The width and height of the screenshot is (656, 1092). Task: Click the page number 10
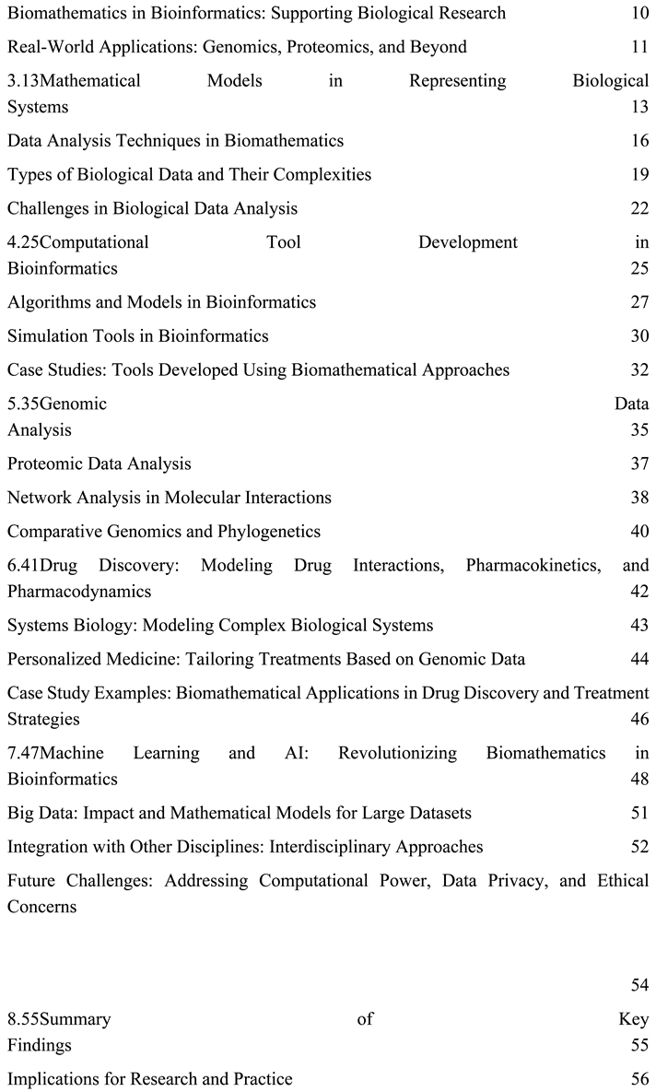[639, 14]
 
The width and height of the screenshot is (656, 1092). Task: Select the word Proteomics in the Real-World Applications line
[326, 47]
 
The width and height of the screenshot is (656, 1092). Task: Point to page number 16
[639, 141]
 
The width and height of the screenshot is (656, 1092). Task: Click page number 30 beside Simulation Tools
[639, 336]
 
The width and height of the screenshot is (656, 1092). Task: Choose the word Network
[40, 498]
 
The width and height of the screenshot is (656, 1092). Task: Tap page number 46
[639, 719]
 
